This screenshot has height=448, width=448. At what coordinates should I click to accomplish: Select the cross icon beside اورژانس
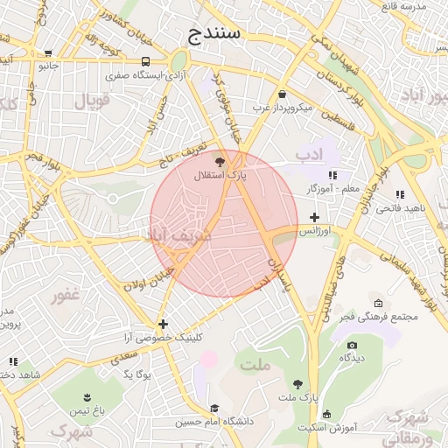pyautogui.click(x=315, y=217)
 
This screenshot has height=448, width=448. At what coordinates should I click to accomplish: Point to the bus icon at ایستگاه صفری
pyautogui.click(x=144, y=62)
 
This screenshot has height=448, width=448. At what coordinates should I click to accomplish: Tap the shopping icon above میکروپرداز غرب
pyautogui.click(x=282, y=94)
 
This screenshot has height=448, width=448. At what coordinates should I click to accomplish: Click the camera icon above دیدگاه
pyautogui.click(x=352, y=345)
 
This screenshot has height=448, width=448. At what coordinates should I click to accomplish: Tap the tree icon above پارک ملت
pyautogui.click(x=298, y=384)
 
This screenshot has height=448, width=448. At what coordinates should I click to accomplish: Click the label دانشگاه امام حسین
pyautogui.click(x=214, y=422)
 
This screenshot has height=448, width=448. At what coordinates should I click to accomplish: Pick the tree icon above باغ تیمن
pyautogui.click(x=87, y=396)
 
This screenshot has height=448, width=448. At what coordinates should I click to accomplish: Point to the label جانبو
pyautogui.click(x=46, y=65)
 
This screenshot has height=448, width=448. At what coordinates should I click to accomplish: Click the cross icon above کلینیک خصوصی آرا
pyautogui.click(x=163, y=325)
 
